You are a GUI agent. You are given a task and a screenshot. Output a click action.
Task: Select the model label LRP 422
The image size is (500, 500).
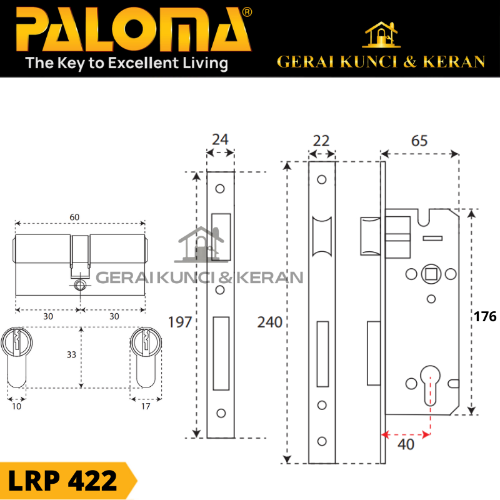(x=62, y=481)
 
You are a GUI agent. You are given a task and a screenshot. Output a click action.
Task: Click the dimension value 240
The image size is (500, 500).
(x=270, y=322)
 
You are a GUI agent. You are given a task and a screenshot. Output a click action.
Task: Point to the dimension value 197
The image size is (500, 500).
(x=181, y=322)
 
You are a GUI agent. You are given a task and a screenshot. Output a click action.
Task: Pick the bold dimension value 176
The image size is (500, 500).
(x=485, y=317)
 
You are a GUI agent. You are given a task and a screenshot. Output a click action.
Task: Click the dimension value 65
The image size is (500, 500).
(x=419, y=141)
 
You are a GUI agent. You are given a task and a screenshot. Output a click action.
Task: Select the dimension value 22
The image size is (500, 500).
(x=321, y=141)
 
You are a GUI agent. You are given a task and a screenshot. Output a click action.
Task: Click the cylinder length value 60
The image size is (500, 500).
(x=75, y=217)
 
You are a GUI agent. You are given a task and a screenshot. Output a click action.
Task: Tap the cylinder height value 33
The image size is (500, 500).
(x=71, y=354)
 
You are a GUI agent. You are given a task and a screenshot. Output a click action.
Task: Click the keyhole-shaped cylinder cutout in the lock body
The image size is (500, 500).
(x=430, y=382)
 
